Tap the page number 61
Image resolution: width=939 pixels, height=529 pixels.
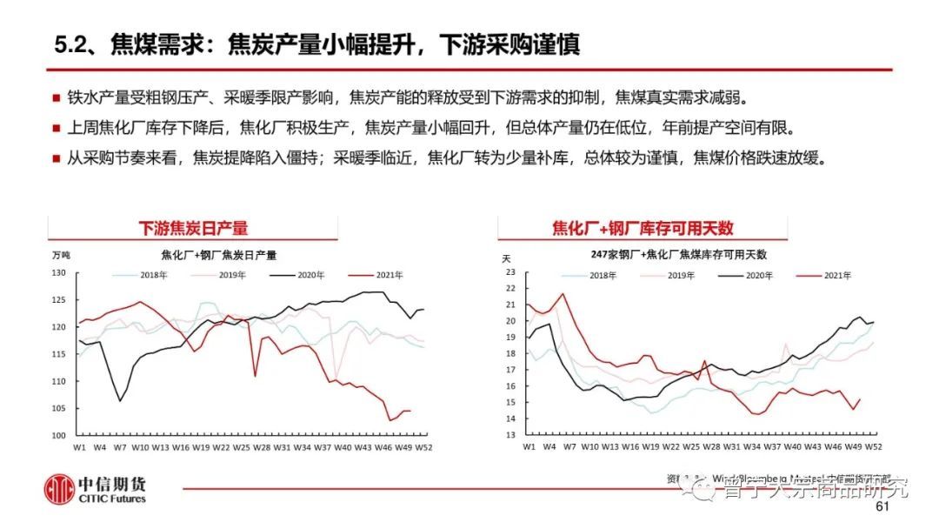tap(883, 507)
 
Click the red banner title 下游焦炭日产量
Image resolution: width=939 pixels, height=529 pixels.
tap(193, 228)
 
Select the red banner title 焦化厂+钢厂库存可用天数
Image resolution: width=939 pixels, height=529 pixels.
tap(643, 228)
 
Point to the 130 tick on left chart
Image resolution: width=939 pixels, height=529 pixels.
tap(59, 273)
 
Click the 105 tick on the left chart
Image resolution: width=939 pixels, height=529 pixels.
tap(59, 408)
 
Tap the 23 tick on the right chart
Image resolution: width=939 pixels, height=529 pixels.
tap(511, 272)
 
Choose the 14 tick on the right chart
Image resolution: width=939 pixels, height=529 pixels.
tap(511, 419)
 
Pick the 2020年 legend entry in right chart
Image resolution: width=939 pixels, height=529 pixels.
tap(745, 276)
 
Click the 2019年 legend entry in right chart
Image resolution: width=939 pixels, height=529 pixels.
tap(667, 276)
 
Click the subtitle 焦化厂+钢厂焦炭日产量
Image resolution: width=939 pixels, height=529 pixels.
tap(219, 255)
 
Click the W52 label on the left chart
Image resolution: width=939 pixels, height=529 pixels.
tap(424, 447)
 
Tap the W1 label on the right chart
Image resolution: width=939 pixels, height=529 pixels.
tap(528, 446)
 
